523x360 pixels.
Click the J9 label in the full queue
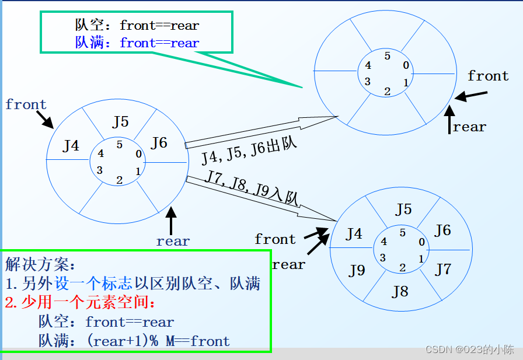tap(357, 271)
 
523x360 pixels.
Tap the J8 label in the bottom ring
tap(400, 291)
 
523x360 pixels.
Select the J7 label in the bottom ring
tap(444, 269)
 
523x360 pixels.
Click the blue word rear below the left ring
tap(173, 241)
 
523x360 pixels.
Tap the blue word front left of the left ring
tap(26, 105)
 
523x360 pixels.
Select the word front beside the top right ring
tap(488, 76)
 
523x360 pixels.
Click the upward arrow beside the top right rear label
tap(449, 119)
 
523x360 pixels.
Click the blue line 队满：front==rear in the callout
tap(137, 43)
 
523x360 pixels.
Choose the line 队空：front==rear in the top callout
tap(137, 26)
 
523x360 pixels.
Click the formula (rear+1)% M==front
tap(158, 341)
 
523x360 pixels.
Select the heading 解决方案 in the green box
tap(40, 265)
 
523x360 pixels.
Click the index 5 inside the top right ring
tap(387, 56)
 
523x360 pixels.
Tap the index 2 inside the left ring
tap(119, 180)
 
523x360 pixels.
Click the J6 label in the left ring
tap(158, 142)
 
